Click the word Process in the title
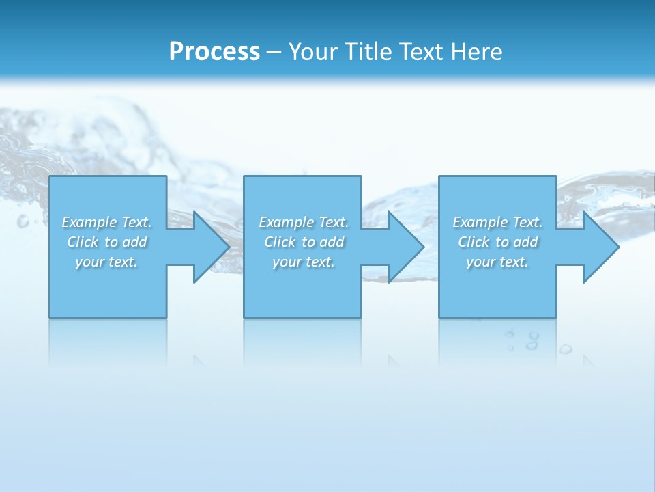214,52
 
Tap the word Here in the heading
476,52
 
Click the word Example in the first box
89,222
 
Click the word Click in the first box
83,242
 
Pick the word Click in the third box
474,242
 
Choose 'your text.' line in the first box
106,262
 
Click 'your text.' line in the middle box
304,262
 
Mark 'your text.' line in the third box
497,262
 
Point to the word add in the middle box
332,242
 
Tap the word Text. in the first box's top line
136,222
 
